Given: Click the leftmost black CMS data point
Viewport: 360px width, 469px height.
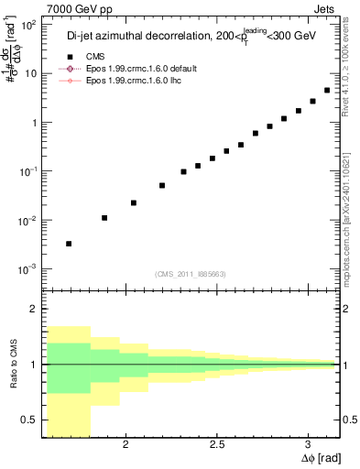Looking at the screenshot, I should [x=69, y=244].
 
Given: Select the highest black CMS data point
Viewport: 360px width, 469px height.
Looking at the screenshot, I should [x=327, y=91].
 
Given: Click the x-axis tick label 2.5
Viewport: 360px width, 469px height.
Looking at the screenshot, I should [x=216, y=444].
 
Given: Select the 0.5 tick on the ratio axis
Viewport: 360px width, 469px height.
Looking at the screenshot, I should [x=31, y=420].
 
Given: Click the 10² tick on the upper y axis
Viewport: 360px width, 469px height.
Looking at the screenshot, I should [x=28, y=25].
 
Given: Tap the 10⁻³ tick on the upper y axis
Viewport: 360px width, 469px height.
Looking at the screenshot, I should [x=28, y=269].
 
